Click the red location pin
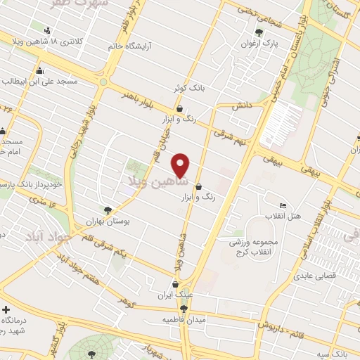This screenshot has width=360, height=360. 181,165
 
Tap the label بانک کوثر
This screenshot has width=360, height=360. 190,89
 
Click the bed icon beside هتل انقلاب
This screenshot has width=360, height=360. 283,205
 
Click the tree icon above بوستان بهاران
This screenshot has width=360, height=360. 107,210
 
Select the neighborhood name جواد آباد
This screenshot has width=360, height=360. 46,236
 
